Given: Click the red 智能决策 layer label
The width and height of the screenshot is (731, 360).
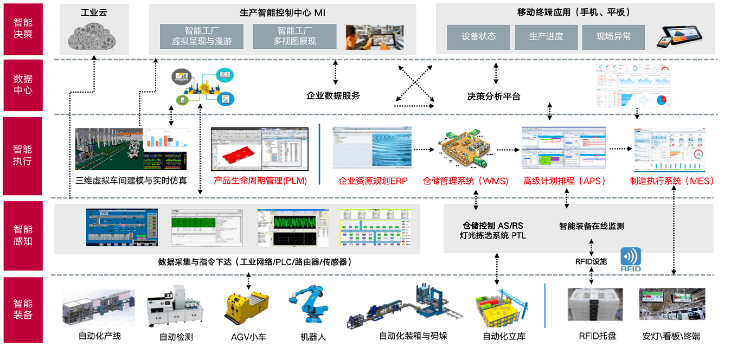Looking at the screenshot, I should [x=23, y=29].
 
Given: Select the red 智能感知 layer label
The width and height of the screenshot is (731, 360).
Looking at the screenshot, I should [x=23, y=235].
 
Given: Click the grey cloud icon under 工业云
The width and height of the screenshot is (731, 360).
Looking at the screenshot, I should [x=93, y=37].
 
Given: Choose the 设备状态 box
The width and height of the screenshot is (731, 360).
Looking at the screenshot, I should [x=478, y=37].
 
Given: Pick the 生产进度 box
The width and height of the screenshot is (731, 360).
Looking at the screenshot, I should [x=546, y=37].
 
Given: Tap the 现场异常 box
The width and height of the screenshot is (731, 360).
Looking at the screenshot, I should [x=613, y=37].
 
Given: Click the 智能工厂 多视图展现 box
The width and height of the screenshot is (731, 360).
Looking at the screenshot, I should [x=294, y=37].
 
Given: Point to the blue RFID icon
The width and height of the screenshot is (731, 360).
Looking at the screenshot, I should [x=631, y=260].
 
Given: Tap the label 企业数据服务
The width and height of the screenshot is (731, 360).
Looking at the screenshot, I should [x=333, y=96].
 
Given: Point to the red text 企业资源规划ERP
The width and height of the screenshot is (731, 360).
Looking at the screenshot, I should [x=373, y=181].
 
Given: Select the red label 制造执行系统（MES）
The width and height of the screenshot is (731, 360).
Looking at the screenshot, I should [x=672, y=181].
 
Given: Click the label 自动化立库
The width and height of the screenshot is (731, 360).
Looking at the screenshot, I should [x=504, y=336].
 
